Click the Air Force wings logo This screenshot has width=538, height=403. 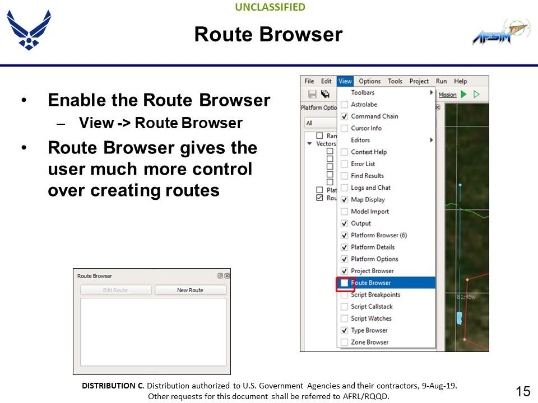[29, 30]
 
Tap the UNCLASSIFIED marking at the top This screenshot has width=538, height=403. [270, 7]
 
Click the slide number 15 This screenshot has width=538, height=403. [523, 391]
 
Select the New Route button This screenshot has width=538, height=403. [191, 290]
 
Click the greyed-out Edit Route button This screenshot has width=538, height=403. [115, 290]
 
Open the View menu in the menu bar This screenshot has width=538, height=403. [345, 81]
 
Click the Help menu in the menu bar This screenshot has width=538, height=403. [461, 81]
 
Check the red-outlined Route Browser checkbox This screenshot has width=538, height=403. [345, 283]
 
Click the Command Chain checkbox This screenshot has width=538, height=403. [345, 116]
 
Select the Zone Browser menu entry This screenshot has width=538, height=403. [369, 342]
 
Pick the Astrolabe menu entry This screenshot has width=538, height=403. [364, 105]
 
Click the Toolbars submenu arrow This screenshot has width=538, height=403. [431, 92]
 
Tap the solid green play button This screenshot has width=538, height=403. [463, 94]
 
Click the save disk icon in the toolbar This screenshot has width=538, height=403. [312, 94]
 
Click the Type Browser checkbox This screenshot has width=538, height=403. [345, 330]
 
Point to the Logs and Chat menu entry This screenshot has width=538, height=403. [370, 188]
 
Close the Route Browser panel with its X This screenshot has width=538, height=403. [227, 276]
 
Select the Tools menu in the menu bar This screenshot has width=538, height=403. [395, 81]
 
